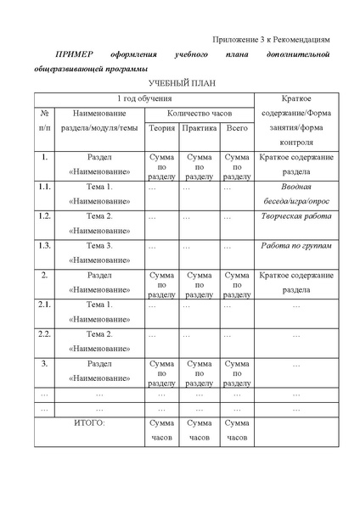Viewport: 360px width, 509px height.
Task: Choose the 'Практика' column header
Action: (x=200, y=128)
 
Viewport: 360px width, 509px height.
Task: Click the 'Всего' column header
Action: (x=237, y=128)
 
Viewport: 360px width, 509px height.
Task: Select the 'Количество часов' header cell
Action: (x=200, y=113)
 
